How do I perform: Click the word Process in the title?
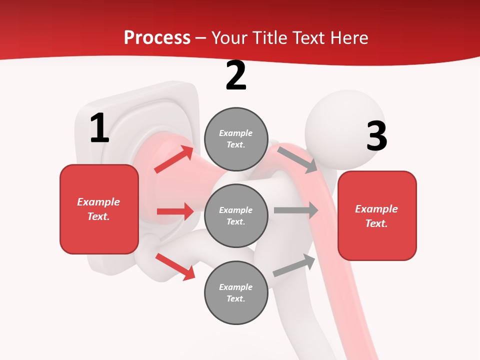point(157,37)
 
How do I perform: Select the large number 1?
point(99,128)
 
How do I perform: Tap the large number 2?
point(236,76)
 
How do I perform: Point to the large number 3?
point(376,136)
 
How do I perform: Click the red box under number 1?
point(99,209)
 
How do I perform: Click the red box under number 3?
point(377,215)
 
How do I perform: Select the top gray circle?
point(236,139)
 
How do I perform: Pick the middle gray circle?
point(236,215)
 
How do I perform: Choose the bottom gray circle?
point(236,292)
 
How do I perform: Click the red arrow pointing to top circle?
point(174,159)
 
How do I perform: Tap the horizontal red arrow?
point(175,211)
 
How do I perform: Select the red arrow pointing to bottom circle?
point(175,266)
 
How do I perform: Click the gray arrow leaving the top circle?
point(297,159)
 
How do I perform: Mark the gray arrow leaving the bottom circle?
point(294,265)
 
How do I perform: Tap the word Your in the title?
point(228,37)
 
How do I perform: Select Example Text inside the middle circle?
point(236,215)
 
